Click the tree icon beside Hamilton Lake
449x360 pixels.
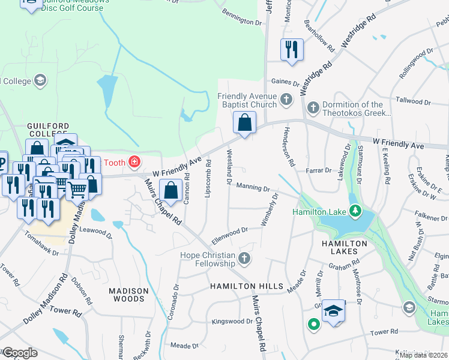click(355, 211)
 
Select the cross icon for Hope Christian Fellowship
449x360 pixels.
click(244, 259)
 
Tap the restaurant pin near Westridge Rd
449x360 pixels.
click(292, 50)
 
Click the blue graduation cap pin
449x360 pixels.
click(334, 311)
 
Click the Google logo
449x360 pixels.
click(19, 353)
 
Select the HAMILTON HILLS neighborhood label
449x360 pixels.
click(246, 287)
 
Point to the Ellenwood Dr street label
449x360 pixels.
click(229, 235)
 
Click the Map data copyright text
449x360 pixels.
click(423, 355)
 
